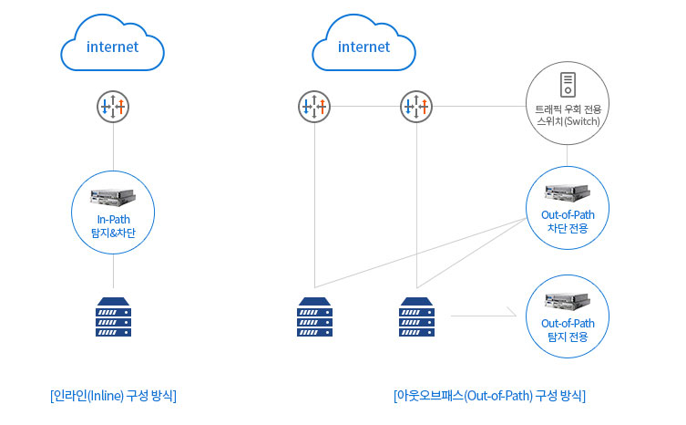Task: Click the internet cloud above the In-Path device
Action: [x=113, y=46]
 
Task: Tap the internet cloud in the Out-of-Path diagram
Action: [x=363, y=46]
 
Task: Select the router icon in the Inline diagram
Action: [x=113, y=107]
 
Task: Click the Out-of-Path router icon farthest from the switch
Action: [x=313, y=107]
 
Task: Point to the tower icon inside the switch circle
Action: [x=568, y=85]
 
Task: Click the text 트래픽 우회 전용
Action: [x=568, y=110]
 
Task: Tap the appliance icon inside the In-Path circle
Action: [x=113, y=196]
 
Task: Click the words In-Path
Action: [x=113, y=219]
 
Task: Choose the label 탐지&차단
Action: [x=113, y=232]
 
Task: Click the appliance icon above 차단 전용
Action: [x=568, y=192]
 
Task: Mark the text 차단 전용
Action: [x=568, y=228]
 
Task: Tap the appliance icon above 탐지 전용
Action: [x=568, y=300]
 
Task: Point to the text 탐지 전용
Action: [x=568, y=337]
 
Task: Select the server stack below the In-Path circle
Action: [x=113, y=316]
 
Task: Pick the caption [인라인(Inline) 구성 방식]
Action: [x=113, y=396]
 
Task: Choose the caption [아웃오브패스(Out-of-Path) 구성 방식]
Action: [x=489, y=396]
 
